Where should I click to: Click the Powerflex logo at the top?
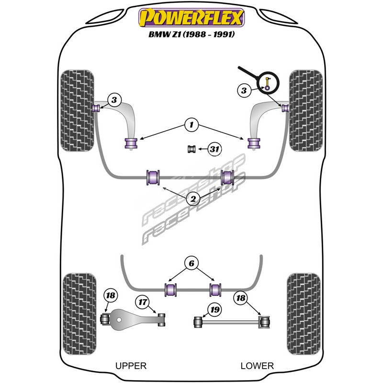point(191,19)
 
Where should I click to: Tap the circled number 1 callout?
point(191,125)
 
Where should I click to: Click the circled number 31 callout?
point(214,150)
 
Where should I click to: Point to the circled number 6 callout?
point(191,262)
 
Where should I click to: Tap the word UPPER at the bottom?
point(131,366)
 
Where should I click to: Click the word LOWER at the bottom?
point(257,366)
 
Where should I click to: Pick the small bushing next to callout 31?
point(192,149)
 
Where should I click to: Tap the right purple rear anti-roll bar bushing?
point(215,289)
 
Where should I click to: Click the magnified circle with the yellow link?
point(267,82)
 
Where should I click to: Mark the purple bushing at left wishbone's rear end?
point(131,143)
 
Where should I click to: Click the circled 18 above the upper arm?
point(111,296)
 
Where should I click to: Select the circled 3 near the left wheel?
point(114,100)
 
